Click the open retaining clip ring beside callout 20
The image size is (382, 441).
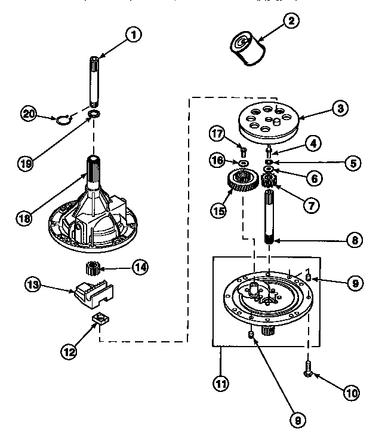click(64, 120)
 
